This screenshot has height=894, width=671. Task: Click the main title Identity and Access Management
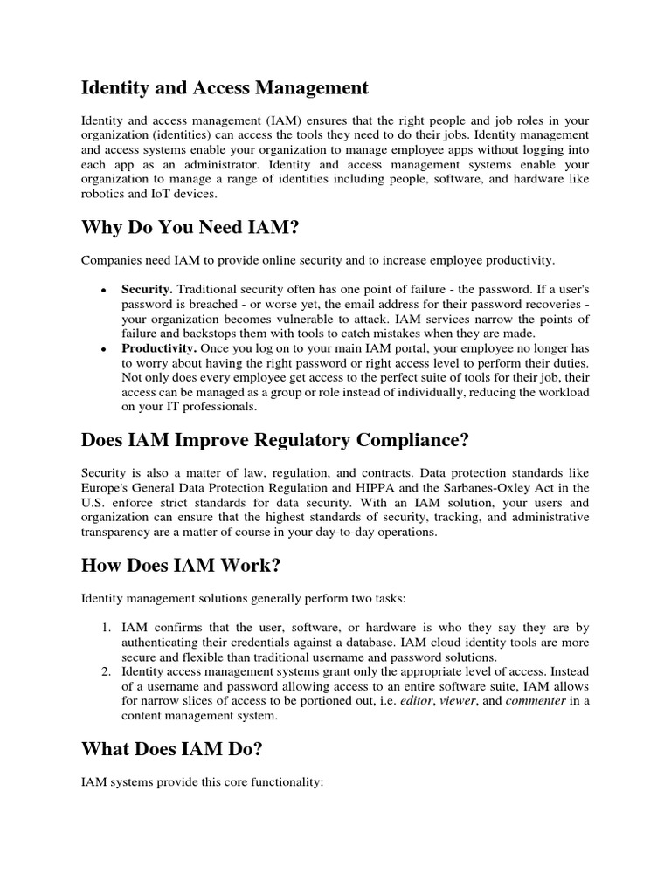tap(225, 88)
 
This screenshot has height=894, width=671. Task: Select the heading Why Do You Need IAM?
tap(190, 228)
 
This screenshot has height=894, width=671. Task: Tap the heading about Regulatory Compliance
tap(275, 439)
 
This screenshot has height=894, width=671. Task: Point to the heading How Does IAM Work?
tap(181, 566)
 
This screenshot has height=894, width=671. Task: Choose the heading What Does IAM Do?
tap(171, 748)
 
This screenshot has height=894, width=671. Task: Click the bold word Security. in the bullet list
tap(147, 288)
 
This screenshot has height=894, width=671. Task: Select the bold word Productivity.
tap(160, 348)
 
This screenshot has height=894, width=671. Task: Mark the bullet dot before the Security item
tap(104, 289)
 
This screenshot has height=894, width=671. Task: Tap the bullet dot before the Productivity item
tap(104, 349)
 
